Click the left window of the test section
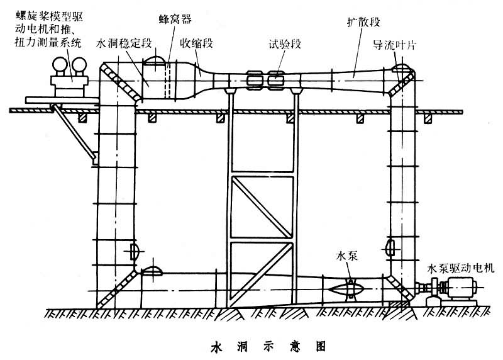(255, 80)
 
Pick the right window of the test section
(275, 80)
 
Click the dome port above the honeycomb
(157, 61)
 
